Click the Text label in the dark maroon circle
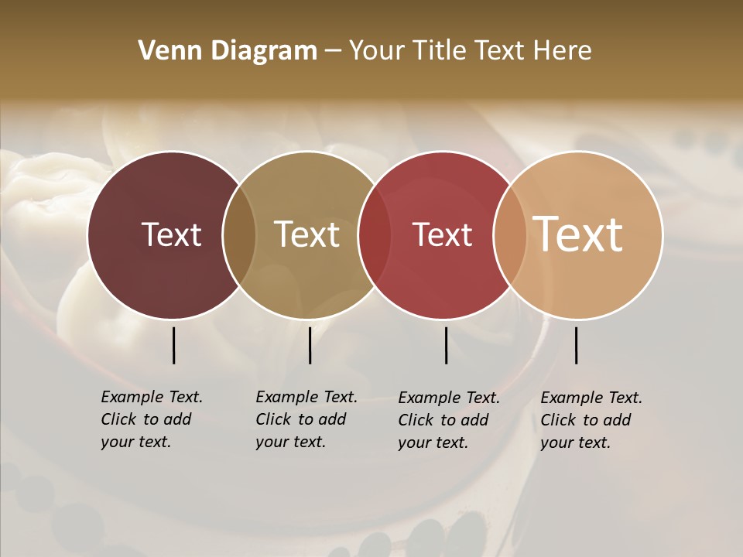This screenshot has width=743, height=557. tap(171, 234)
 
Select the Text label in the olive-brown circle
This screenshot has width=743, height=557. tap(306, 234)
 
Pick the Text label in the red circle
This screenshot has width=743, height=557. tap(442, 234)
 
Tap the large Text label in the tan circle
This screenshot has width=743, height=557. tap(578, 234)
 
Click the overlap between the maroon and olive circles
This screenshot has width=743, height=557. tap(239, 234)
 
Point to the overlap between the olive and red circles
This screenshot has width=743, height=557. tap(375, 234)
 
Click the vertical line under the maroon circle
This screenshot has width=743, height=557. tap(173, 345)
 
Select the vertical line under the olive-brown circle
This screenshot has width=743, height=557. tap(310, 345)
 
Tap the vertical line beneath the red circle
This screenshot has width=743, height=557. tap(446, 345)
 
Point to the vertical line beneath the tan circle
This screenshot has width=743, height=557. tap(576, 345)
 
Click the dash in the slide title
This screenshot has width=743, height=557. tap(333, 52)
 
